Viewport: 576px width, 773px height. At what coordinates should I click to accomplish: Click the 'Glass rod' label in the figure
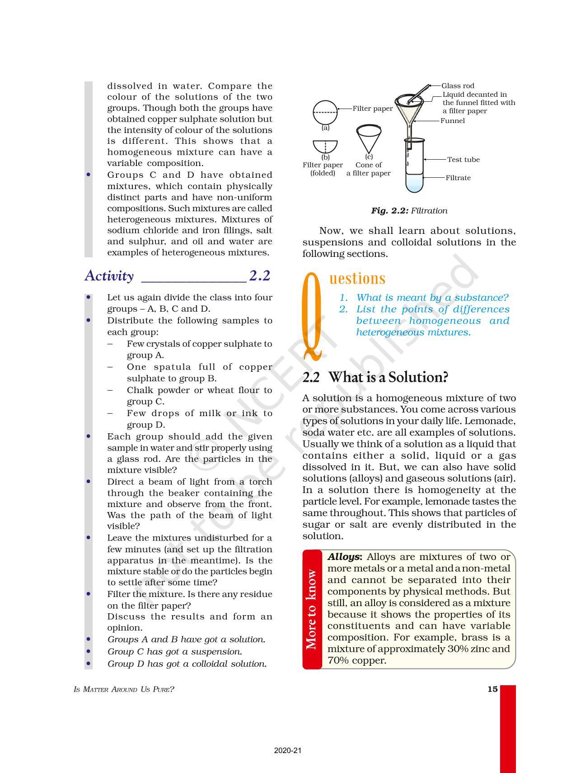(458, 86)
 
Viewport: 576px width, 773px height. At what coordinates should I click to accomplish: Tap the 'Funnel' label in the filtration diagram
(452, 121)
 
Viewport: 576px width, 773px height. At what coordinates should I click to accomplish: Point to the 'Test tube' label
(463, 160)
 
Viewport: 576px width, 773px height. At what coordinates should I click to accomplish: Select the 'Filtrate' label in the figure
(458, 178)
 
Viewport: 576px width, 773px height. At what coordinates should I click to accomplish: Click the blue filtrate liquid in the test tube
(415, 183)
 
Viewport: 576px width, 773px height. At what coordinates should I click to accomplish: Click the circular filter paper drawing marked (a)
(325, 112)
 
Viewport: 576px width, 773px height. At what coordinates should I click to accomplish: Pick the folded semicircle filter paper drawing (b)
(325, 147)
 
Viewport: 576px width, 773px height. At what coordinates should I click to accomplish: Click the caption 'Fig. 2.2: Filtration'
(409, 211)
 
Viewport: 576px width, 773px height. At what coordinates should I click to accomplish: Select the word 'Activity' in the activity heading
(109, 276)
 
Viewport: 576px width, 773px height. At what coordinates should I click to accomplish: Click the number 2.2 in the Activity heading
(260, 275)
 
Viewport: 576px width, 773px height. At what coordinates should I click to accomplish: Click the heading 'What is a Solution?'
(388, 377)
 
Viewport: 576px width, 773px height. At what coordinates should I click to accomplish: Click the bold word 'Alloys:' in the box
(345, 557)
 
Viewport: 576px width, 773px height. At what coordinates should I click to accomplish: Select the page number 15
(492, 689)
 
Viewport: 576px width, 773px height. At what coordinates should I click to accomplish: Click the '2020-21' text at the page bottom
(288, 751)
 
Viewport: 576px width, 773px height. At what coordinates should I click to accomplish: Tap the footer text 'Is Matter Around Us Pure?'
(124, 690)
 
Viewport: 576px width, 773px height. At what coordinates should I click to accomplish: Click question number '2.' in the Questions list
(343, 309)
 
